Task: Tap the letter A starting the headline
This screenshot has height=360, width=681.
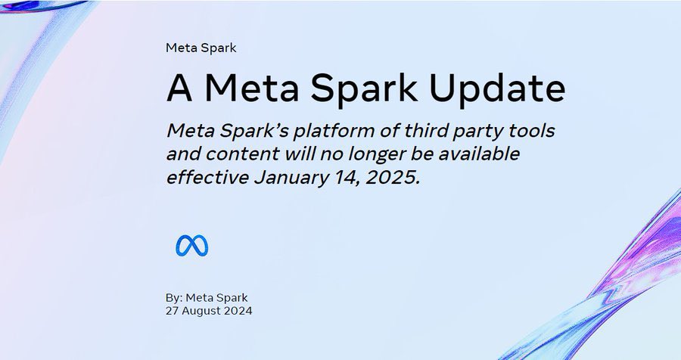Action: point(179,88)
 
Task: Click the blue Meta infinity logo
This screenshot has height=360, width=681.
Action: point(192,246)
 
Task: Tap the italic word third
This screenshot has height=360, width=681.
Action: point(424,130)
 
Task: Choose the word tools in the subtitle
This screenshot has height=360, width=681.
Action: point(532,130)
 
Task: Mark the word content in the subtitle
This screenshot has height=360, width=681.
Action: point(242,154)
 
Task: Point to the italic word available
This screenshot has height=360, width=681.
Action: point(479,154)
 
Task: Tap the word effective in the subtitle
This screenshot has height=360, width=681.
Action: point(207,178)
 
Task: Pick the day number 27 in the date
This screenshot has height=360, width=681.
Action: point(172,311)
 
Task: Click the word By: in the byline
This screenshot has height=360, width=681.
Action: point(174,298)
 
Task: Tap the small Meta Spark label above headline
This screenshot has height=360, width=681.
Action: point(201,48)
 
